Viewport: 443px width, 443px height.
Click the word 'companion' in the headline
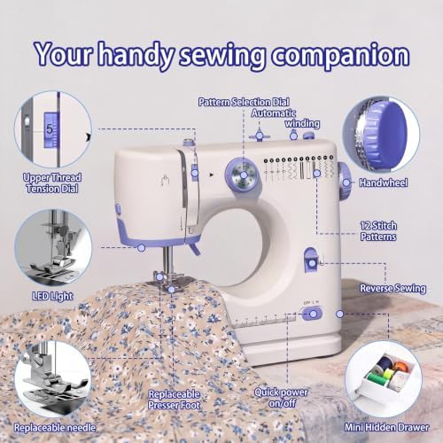[340, 56]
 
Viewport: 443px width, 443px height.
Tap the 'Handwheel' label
[384, 183]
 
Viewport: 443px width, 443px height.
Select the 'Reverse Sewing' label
[392, 289]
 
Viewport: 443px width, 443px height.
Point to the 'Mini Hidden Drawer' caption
[387, 427]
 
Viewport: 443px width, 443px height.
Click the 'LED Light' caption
[52, 296]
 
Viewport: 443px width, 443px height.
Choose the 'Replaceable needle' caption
[55, 428]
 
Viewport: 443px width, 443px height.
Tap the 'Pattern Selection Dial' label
[244, 102]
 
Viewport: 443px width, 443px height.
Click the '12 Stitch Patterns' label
[378, 231]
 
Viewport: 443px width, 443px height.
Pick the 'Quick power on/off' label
[281, 398]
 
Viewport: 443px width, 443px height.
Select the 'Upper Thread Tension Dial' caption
[52, 183]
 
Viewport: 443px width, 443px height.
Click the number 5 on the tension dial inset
[50, 129]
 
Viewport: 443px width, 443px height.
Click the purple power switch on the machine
[311, 313]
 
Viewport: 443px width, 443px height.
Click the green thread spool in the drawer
[375, 377]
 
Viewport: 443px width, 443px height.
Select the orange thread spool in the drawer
[400, 368]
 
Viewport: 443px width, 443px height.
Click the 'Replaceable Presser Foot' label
[175, 400]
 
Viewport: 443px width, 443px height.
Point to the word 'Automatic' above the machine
[274, 113]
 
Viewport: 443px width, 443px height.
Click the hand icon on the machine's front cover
[166, 180]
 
